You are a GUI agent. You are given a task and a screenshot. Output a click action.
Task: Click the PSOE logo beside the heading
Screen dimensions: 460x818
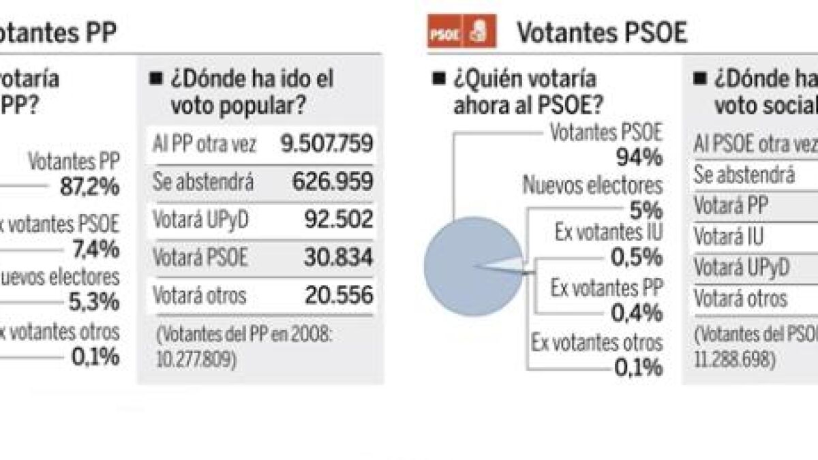[x=461, y=33]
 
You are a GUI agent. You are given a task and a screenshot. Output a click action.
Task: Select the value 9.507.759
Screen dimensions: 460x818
[x=327, y=144]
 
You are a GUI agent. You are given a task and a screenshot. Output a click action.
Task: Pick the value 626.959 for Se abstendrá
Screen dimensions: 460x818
[x=332, y=182]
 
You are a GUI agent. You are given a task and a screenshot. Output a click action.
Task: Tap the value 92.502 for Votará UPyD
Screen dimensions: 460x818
[x=338, y=219]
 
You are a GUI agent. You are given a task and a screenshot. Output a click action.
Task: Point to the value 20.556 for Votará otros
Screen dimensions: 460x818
[x=338, y=295]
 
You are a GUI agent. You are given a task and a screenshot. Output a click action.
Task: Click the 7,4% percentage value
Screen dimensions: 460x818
[x=96, y=249]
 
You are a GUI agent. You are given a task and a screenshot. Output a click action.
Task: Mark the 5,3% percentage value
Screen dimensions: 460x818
[x=93, y=301]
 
